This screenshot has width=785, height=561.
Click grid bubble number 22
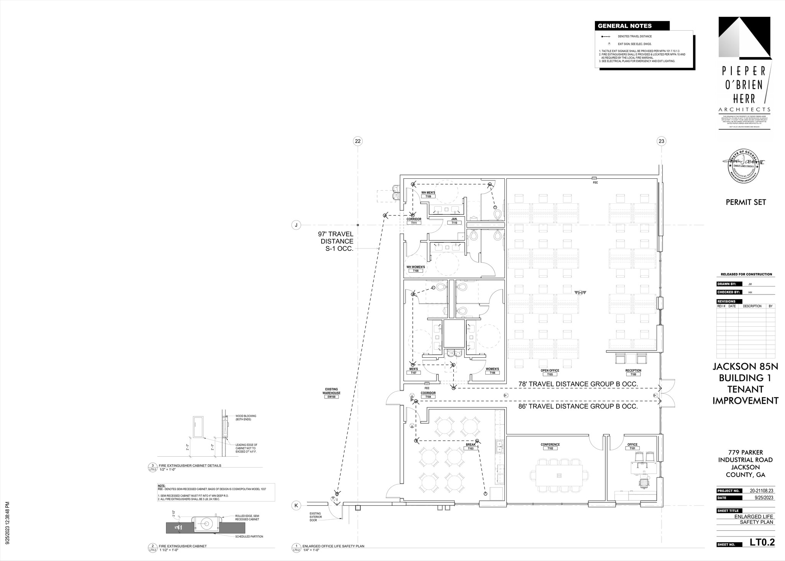(358, 141)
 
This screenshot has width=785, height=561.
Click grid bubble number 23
(661, 141)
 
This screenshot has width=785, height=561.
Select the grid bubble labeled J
(296, 225)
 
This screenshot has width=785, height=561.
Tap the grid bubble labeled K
(296, 506)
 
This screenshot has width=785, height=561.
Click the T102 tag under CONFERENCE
(550, 448)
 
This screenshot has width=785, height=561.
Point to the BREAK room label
(470, 444)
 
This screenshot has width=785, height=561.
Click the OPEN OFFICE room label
(550, 370)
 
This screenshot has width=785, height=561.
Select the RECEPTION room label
(633, 370)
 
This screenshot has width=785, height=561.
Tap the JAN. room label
(454, 219)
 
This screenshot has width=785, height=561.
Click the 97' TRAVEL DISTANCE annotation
(335, 241)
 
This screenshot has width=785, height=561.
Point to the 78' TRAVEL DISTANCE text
(578, 384)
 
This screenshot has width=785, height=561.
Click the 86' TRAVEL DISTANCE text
(578, 406)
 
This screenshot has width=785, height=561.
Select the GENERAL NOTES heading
(625, 26)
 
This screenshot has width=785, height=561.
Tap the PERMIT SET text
(746, 202)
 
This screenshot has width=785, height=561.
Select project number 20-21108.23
(762, 491)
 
